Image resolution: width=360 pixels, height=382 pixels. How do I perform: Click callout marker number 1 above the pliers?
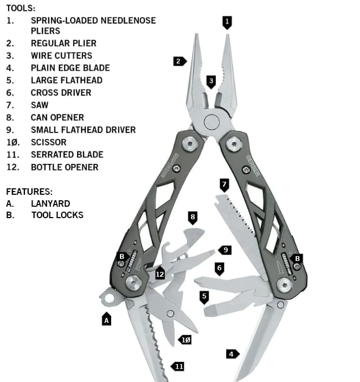[227, 22]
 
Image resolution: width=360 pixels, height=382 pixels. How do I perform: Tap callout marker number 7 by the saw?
[224, 185]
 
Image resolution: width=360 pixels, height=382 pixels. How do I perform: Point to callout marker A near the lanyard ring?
[107, 320]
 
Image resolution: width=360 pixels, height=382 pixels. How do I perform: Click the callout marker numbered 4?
[232, 354]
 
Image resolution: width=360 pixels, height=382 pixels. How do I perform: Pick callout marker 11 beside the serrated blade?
[178, 367]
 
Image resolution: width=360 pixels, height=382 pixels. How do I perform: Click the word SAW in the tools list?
[40, 105]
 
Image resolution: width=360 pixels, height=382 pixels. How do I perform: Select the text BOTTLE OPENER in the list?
[65, 167]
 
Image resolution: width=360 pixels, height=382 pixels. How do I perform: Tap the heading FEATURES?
[29, 192]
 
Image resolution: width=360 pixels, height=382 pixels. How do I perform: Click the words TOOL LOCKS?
[57, 215]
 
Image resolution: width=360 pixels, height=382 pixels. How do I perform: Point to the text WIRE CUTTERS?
[61, 55]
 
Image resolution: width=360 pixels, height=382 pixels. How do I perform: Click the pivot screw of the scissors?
[170, 313]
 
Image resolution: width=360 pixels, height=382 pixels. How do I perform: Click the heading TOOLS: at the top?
[21, 8]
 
